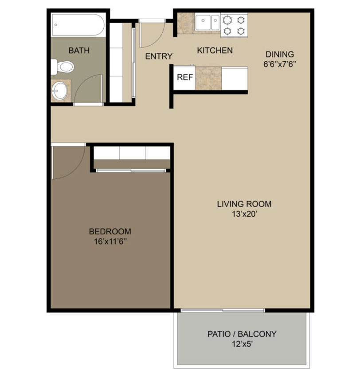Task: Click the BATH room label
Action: point(79,51)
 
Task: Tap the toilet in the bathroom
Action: point(63,67)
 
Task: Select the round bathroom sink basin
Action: point(60,91)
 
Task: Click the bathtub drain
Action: point(56,25)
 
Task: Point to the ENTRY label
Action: point(159,56)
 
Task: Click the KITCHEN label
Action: point(215,51)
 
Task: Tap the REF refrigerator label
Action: point(185,77)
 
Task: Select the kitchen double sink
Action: point(207,23)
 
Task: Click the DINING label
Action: point(280,54)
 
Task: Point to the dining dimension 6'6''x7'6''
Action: point(280,64)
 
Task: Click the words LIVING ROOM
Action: point(244,204)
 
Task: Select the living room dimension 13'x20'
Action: point(244,214)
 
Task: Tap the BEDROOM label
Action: point(110,232)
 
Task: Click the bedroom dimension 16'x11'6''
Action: point(110,241)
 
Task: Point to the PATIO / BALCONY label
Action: point(242,334)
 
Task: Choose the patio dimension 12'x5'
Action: point(242,344)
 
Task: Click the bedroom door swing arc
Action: point(77,169)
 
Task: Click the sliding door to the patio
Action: point(223,310)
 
